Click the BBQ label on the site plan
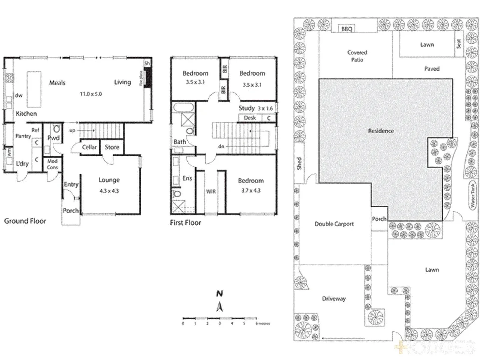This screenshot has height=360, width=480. pyautogui.click(x=347, y=29)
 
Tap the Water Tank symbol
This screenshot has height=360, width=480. pyautogui.click(x=472, y=195)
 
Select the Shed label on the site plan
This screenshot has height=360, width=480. pyautogui.click(x=299, y=163)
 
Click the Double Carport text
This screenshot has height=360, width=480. pyautogui.click(x=334, y=224)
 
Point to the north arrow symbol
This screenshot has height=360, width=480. pyautogui.click(x=219, y=306)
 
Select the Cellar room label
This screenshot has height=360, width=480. pyautogui.click(x=89, y=147)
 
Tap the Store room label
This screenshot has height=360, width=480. pyautogui.click(x=112, y=147)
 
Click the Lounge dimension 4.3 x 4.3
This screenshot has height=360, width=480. pyautogui.click(x=109, y=191)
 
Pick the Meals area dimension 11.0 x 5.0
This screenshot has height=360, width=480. pyautogui.click(x=91, y=94)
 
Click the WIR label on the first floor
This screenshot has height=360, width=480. pyautogui.click(x=211, y=192)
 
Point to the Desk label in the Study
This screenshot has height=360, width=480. pyautogui.click(x=250, y=118)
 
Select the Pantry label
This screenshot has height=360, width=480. pyautogui.click(x=23, y=136)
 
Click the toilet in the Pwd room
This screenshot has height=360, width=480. pyautogui.click(x=57, y=128)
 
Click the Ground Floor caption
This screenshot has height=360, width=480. pyautogui.click(x=25, y=221)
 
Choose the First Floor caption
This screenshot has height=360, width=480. pyautogui.click(x=185, y=223)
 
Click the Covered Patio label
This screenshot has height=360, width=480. pyautogui.click(x=357, y=56)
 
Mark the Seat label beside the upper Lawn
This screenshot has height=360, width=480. pyautogui.click(x=459, y=43)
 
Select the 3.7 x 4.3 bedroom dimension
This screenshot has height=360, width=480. pyautogui.click(x=251, y=191)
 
